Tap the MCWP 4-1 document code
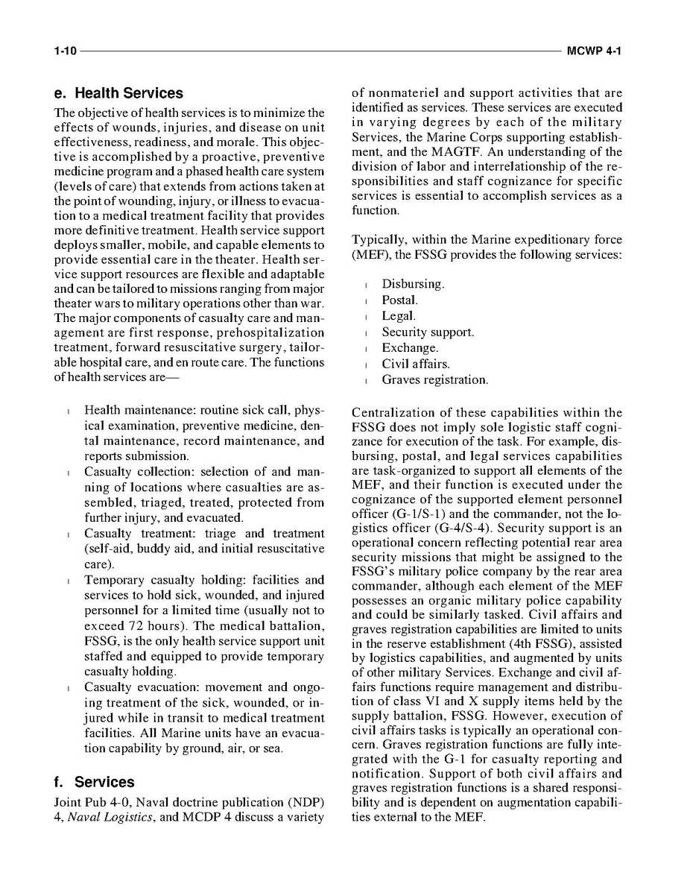pyautogui.click(x=594, y=51)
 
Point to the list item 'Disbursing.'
pyautogui.click(x=413, y=284)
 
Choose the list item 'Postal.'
pyautogui.click(x=399, y=300)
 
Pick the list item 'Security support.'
pyautogui.click(x=428, y=332)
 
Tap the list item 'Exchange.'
pyautogui.click(x=410, y=348)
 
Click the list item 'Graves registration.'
pyautogui.click(x=435, y=380)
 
